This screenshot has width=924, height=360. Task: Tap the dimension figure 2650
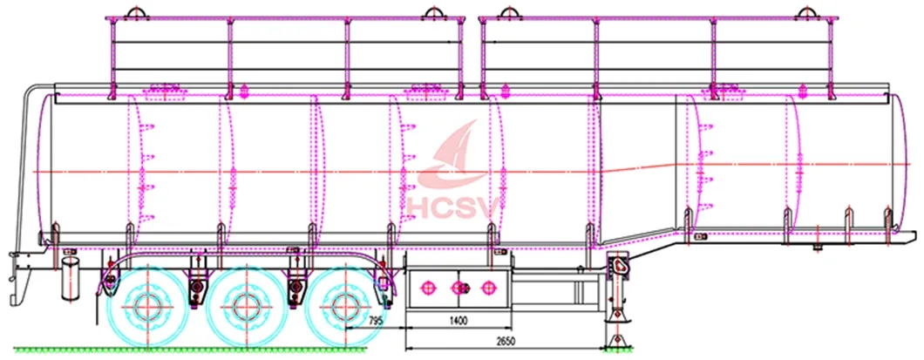pyautogui.click(x=501, y=340)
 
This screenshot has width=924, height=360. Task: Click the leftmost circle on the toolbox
pyautogui.click(x=427, y=288)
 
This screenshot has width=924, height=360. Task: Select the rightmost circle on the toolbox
pyautogui.click(x=487, y=288)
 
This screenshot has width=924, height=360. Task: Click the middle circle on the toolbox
pyautogui.click(x=459, y=288)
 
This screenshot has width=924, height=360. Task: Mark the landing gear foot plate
pyautogui.click(x=617, y=342)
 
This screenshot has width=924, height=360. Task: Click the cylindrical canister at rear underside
pyautogui.click(x=70, y=278)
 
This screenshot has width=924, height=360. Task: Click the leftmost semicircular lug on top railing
pyautogui.click(x=135, y=12)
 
